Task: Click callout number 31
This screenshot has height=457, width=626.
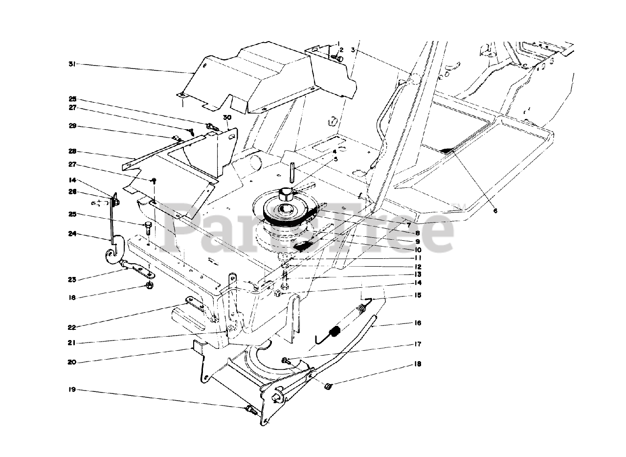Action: pos(72,65)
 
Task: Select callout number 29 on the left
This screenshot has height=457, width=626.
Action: pos(72,126)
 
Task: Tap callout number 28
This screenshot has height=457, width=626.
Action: pos(72,152)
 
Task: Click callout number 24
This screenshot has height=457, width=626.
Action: pos(72,233)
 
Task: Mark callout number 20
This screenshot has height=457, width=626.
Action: pos(72,362)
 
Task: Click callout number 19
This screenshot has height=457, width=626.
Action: pos(72,390)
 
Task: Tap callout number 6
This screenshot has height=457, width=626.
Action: pos(495,211)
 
